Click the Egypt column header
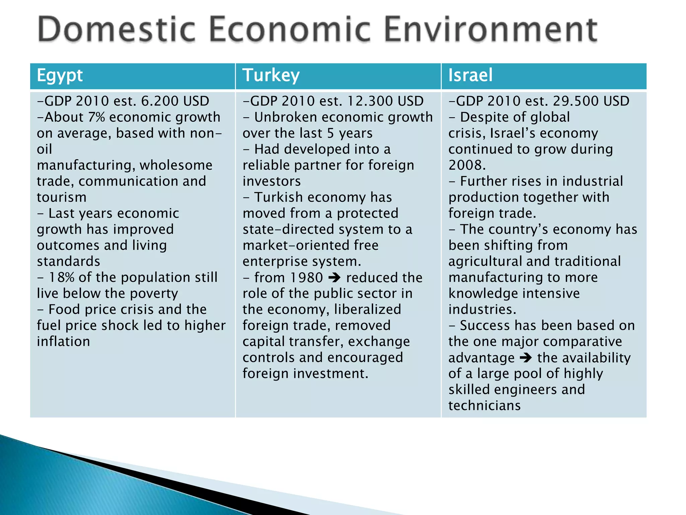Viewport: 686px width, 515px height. tap(60, 75)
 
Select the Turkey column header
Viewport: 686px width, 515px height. tap(271, 75)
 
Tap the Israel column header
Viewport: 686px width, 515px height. tap(470, 75)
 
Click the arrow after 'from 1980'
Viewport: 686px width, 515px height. tap(334, 278)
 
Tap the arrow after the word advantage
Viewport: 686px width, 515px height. tap(526, 358)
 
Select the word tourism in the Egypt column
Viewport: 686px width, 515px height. tap(62, 197)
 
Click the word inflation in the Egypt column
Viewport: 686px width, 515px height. tap(63, 342)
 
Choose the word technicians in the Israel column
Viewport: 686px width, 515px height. tap(484, 406)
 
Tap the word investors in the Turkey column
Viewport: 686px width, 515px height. tap(272, 181)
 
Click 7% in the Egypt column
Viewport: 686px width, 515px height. tap(96, 117)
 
